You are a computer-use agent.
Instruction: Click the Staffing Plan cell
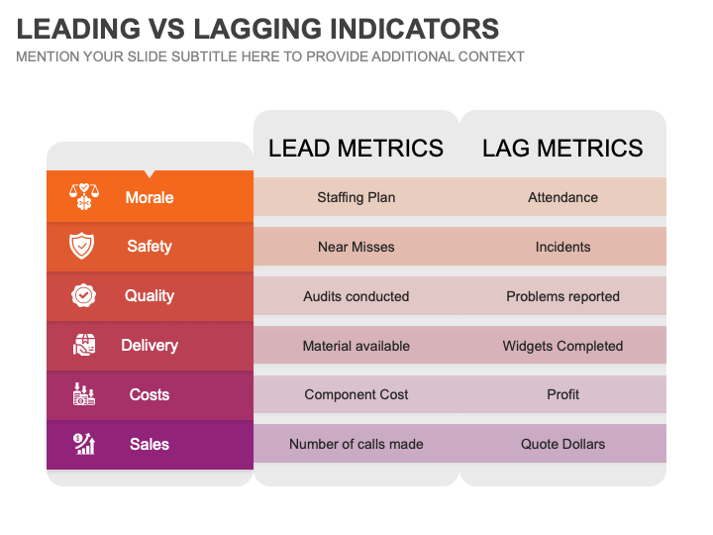[x=356, y=197]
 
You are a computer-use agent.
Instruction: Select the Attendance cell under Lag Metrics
[x=562, y=197]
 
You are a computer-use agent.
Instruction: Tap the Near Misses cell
[x=356, y=247]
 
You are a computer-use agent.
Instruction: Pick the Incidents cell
[x=562, y=247]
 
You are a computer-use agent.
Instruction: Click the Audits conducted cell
[x=356, y=296]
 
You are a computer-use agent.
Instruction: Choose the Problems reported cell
[x=562, y=296]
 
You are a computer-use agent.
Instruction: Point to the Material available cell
[x=356, y=346]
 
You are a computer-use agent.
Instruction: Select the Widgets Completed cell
[x=562, y=346]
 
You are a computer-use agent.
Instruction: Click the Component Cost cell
[x=356, y=394]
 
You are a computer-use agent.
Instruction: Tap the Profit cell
[x=562, y=394]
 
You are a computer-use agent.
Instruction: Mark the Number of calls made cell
[x=356, y=444]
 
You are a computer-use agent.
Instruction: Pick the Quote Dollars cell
[x=562, y=444]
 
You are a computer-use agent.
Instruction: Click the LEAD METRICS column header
[x=356, y=149]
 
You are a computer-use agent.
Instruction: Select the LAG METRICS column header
[x=562, y=149]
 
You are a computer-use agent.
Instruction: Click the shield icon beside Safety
[x=83, y=246]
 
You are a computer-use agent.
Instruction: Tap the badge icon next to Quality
[x=83, y=295]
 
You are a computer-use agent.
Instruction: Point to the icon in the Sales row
[x=83, y=444]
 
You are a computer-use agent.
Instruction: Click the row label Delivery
[x=150, y=346]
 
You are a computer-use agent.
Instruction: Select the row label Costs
[x=150, y=394]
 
